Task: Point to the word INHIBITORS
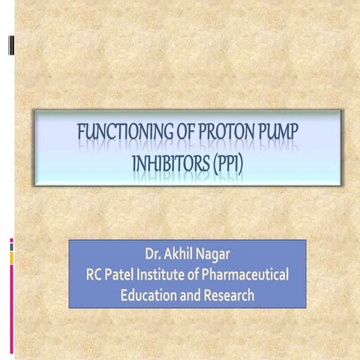click(171, 161)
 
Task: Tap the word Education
click(150, 295)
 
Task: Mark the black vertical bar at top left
click(10, 46)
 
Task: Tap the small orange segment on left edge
click(11, 257)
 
